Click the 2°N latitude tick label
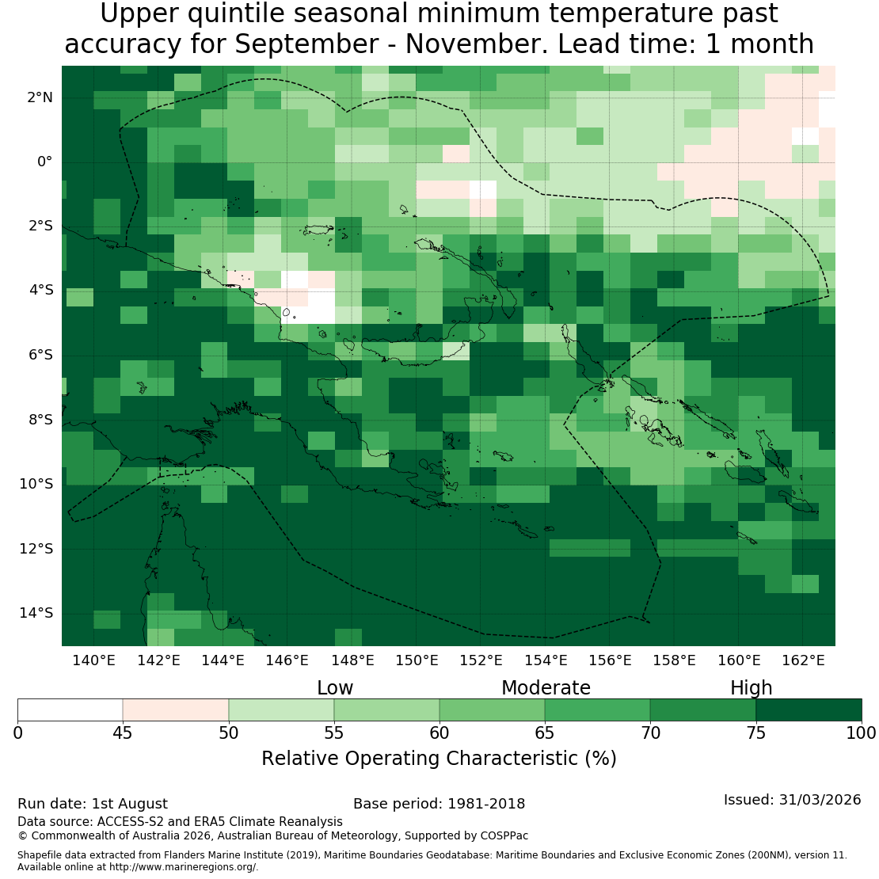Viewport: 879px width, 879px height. [x=40, y=97]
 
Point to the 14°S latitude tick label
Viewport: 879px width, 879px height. [x=36, y=613]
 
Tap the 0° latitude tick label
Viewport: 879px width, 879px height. [x=45, y=162]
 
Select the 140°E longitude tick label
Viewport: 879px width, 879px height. [x=93, y=660]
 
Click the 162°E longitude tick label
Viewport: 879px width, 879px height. [x=803, y=660]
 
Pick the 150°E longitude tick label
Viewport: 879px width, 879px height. [x=417, y=660]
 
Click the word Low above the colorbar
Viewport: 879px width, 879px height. [x=335, y=688]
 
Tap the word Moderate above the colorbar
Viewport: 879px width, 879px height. [x=546, y=688]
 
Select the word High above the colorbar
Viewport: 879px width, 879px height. [x=752, y=688]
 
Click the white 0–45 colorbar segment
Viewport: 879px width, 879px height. [x=70, y=710]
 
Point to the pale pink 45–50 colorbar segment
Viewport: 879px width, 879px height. [x=176, y=710]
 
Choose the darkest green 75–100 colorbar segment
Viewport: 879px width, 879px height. [x=809, y=710]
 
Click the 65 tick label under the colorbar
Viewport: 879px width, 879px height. [x=544, y=733]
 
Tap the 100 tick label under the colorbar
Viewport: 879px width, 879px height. [x=861, y=733]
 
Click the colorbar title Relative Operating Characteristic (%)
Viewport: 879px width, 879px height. [x=439, y=759]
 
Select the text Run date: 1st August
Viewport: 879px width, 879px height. [x=93, y=804]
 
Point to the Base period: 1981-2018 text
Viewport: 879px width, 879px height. [x=439, y=804]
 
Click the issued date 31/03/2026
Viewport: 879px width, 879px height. [x=820, y=800]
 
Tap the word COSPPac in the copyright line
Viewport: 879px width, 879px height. [x=504, y=835]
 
